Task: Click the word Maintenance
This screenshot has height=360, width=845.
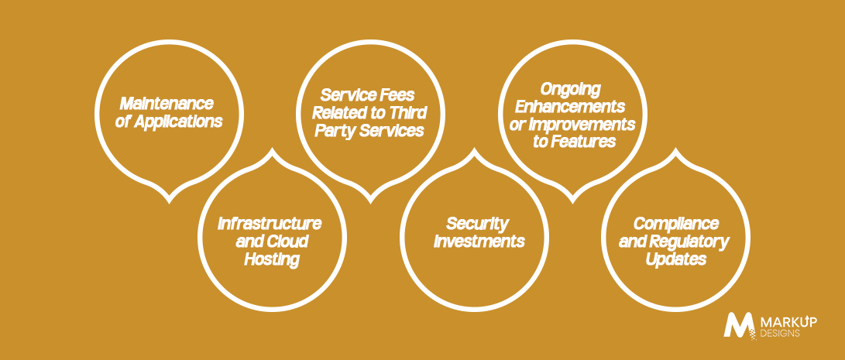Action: coord(167,103)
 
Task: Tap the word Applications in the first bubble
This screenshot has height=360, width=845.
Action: coord(178,122)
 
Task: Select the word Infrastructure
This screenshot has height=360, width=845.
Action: coord(270,222)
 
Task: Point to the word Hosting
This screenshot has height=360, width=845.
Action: coord(272,260)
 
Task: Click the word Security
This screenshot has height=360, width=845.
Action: coord(477,222)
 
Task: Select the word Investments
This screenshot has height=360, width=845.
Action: coord(479,241)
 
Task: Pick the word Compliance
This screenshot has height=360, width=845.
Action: coord(676,222)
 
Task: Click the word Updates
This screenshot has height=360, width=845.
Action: coord(676,260)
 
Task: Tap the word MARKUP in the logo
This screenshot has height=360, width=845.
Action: coord(788,322)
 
